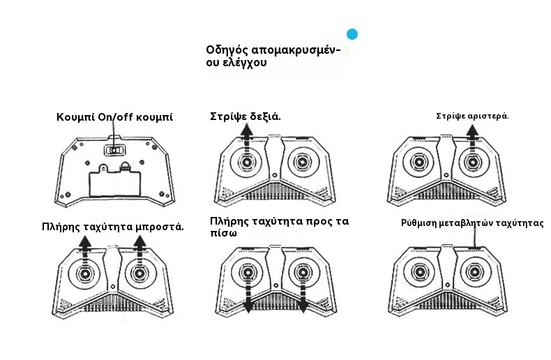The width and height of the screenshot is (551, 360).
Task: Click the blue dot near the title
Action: (x=352, y=34)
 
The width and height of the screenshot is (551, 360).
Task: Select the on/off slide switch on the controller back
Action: (x=114, y=150)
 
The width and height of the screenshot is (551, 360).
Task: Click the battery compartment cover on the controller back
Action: (x=115, y=182)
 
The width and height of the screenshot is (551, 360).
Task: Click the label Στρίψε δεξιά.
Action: (x=246, y=117)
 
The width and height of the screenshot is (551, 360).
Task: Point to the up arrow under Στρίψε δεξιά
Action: (x=247, y=140)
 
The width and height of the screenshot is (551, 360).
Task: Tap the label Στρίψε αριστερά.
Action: (x=472, y=116)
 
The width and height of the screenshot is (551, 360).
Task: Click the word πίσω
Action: (x=223, y=233)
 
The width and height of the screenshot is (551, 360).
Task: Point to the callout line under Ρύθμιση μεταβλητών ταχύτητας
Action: (x=475, y=238)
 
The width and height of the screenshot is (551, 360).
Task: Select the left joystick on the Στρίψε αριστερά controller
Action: (x=418, y=163)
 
